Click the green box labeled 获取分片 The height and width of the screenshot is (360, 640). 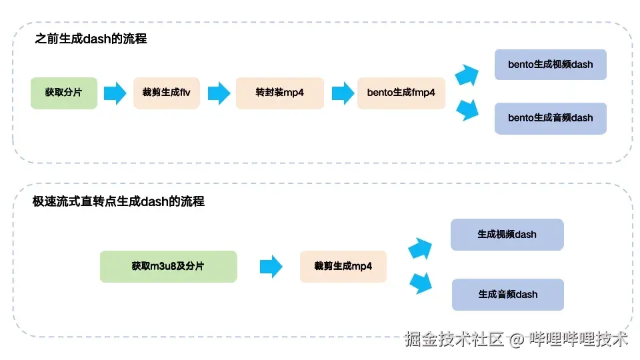64,93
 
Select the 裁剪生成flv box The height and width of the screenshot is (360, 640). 166,93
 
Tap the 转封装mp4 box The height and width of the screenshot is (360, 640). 279,93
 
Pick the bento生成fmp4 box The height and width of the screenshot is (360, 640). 401,93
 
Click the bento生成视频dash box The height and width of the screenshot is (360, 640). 550,65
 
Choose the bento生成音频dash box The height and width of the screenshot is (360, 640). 550,118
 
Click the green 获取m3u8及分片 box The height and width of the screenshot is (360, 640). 168,266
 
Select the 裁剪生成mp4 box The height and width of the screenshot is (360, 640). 343,266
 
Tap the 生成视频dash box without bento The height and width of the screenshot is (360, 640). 507,235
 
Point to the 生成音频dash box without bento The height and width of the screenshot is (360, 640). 507,294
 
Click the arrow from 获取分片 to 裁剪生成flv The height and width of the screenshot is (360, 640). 115,93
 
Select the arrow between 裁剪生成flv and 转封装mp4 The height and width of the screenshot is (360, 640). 219,93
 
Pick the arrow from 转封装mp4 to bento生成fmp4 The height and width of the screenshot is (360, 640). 342,93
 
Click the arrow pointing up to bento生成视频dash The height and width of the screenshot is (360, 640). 467,75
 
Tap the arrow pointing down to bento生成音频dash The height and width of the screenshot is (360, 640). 467,109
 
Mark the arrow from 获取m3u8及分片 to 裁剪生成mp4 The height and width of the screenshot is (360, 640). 271,267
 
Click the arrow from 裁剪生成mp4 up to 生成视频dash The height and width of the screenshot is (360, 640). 420,248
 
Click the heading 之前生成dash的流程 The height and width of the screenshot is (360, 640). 91,39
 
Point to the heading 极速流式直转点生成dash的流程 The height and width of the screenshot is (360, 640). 119,201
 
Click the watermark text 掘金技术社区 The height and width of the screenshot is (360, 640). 453,339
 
